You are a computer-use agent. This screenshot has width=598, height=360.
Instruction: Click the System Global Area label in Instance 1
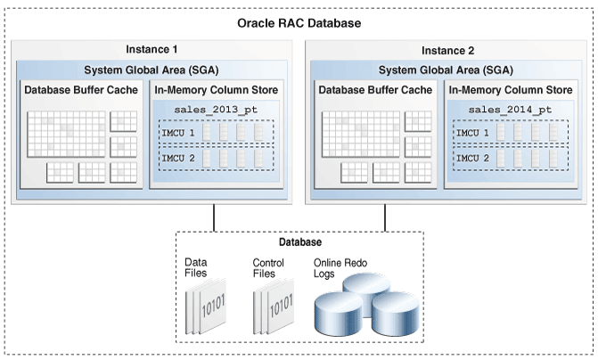coord(150,70)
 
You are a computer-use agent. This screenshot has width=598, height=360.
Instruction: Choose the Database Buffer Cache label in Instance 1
coord(81,90)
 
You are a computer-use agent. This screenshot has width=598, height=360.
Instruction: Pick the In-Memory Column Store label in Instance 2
coord(509,90)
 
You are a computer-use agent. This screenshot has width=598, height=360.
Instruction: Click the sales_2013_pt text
coord(217,110)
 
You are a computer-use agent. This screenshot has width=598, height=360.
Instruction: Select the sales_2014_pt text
coord(509,110)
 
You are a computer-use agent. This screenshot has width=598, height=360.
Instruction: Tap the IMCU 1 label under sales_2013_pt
coord(176,133)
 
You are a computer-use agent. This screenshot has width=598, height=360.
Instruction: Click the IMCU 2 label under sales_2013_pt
coord(176,158)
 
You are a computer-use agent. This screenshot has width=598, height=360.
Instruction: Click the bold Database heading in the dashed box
coord(299,241)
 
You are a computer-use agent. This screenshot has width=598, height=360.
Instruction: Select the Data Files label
coord(196,267)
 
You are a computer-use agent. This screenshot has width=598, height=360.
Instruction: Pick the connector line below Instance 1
coord(214,218)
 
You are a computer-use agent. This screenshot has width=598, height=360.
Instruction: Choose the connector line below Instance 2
coord(385,218)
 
